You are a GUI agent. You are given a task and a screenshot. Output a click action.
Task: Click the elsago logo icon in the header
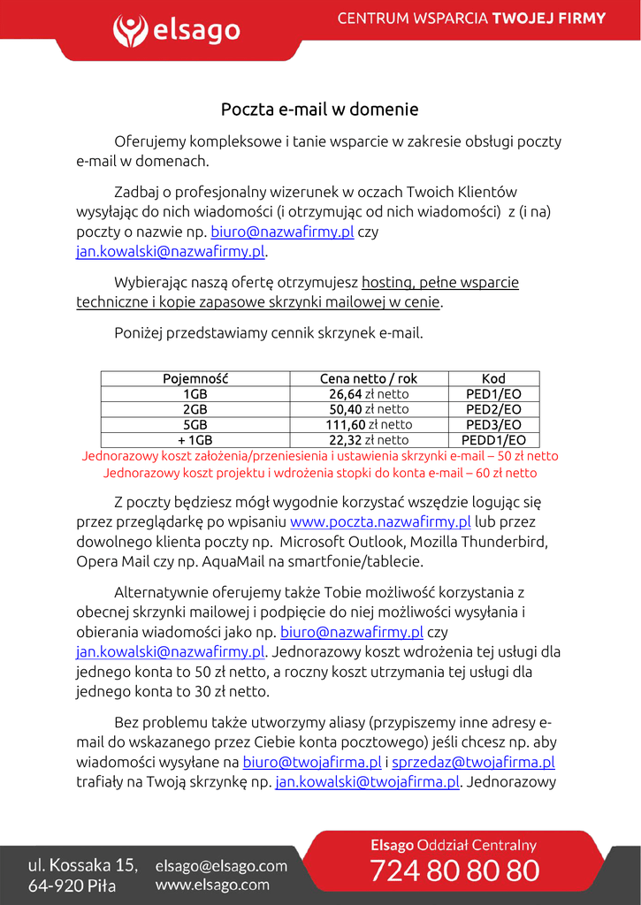pyautogui.click(x=131, y=31)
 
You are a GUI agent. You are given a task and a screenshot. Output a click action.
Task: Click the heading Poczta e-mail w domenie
pyautogui.click(x=319, y=110)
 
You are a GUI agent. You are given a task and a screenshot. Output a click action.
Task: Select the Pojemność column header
pyautogui.click(x=195, y=379)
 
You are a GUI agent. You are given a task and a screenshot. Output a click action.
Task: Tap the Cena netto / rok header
pyautogui.click(x=369, y=379)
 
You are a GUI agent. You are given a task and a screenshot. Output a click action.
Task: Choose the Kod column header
pyautogui.click(x=493, y=379)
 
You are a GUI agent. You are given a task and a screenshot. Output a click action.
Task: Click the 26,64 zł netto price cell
pyautogui.click(x=369, y=394)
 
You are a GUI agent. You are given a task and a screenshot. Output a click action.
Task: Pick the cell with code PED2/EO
pyautogui.click(x=493, y=409)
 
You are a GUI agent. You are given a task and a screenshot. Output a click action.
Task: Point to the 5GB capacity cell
pyautogui.click(x=195, y=424)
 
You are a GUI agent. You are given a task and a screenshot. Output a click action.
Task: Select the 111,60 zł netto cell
pyautogui.click(x=369, y=424)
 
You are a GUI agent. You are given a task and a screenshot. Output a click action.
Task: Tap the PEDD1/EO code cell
pyautogui.click(x=493, y=439)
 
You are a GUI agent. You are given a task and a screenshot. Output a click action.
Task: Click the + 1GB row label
pyautogui.click(x=195, y=439)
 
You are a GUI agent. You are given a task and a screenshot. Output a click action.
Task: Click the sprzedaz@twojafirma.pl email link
pyautogui.click(x=473, y=762)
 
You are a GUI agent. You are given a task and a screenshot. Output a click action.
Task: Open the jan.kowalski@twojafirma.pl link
pyautogui.click(x=368, y=781)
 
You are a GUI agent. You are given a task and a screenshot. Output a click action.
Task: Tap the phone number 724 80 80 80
pyautogui.click(x=454, y=871)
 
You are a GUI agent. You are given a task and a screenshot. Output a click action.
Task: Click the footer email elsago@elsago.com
pyautogui.click(x=221, y=866)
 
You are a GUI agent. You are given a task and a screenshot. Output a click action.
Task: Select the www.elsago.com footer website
pyautogui.click(x=212, y=885)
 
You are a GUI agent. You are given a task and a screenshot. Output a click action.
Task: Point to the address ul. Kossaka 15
pyautogui.click(x=83, y=864)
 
